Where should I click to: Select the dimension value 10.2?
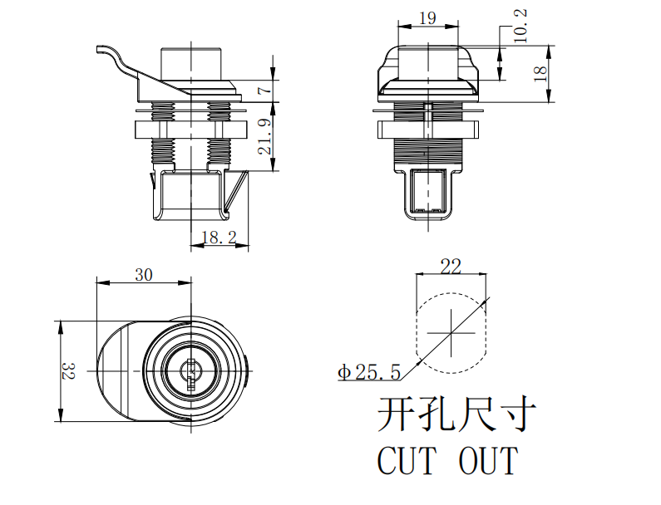pyautogui.click(x=520, y=27)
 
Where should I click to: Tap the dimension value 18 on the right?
pyautogui.click(x=540, y=74)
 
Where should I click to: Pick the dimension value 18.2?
pyautogui.click(x=219, y=238)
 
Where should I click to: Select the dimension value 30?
pyautogui.click(x=144, y=276)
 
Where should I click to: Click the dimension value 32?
pyautogui.click(x=68, y=372)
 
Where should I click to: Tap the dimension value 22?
pyautogui.click(x=450, y=266)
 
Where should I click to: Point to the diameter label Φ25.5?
pyautogui.click(x=369, y=373)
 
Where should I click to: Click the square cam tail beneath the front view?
pyautogui.click(x=429, y=193)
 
